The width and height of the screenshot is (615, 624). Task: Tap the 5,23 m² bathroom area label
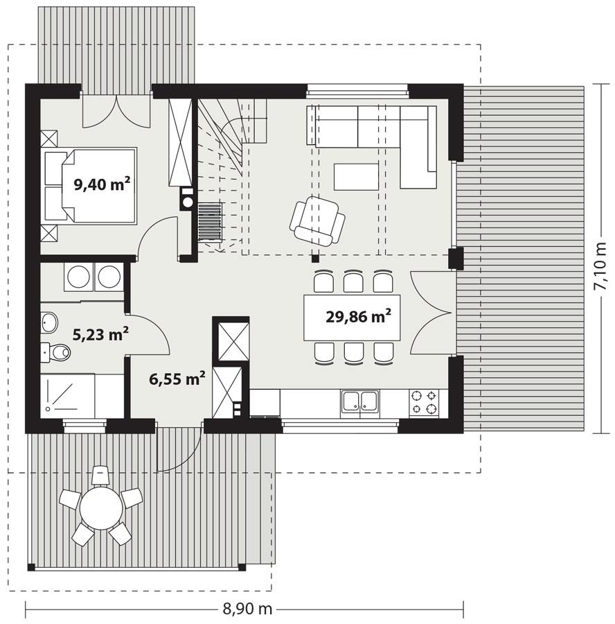[101, 335]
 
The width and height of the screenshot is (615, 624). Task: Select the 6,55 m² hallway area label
[177, 378]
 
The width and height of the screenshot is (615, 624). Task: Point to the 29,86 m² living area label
[359, 317]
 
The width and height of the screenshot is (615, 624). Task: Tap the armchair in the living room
[317, 220]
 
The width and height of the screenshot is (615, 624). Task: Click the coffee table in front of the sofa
[356, 176]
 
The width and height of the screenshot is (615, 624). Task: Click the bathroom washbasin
[51, 322]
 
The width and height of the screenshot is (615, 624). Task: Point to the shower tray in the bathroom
[67, 397]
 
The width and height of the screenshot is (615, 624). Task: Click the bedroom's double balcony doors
[116, 112]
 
